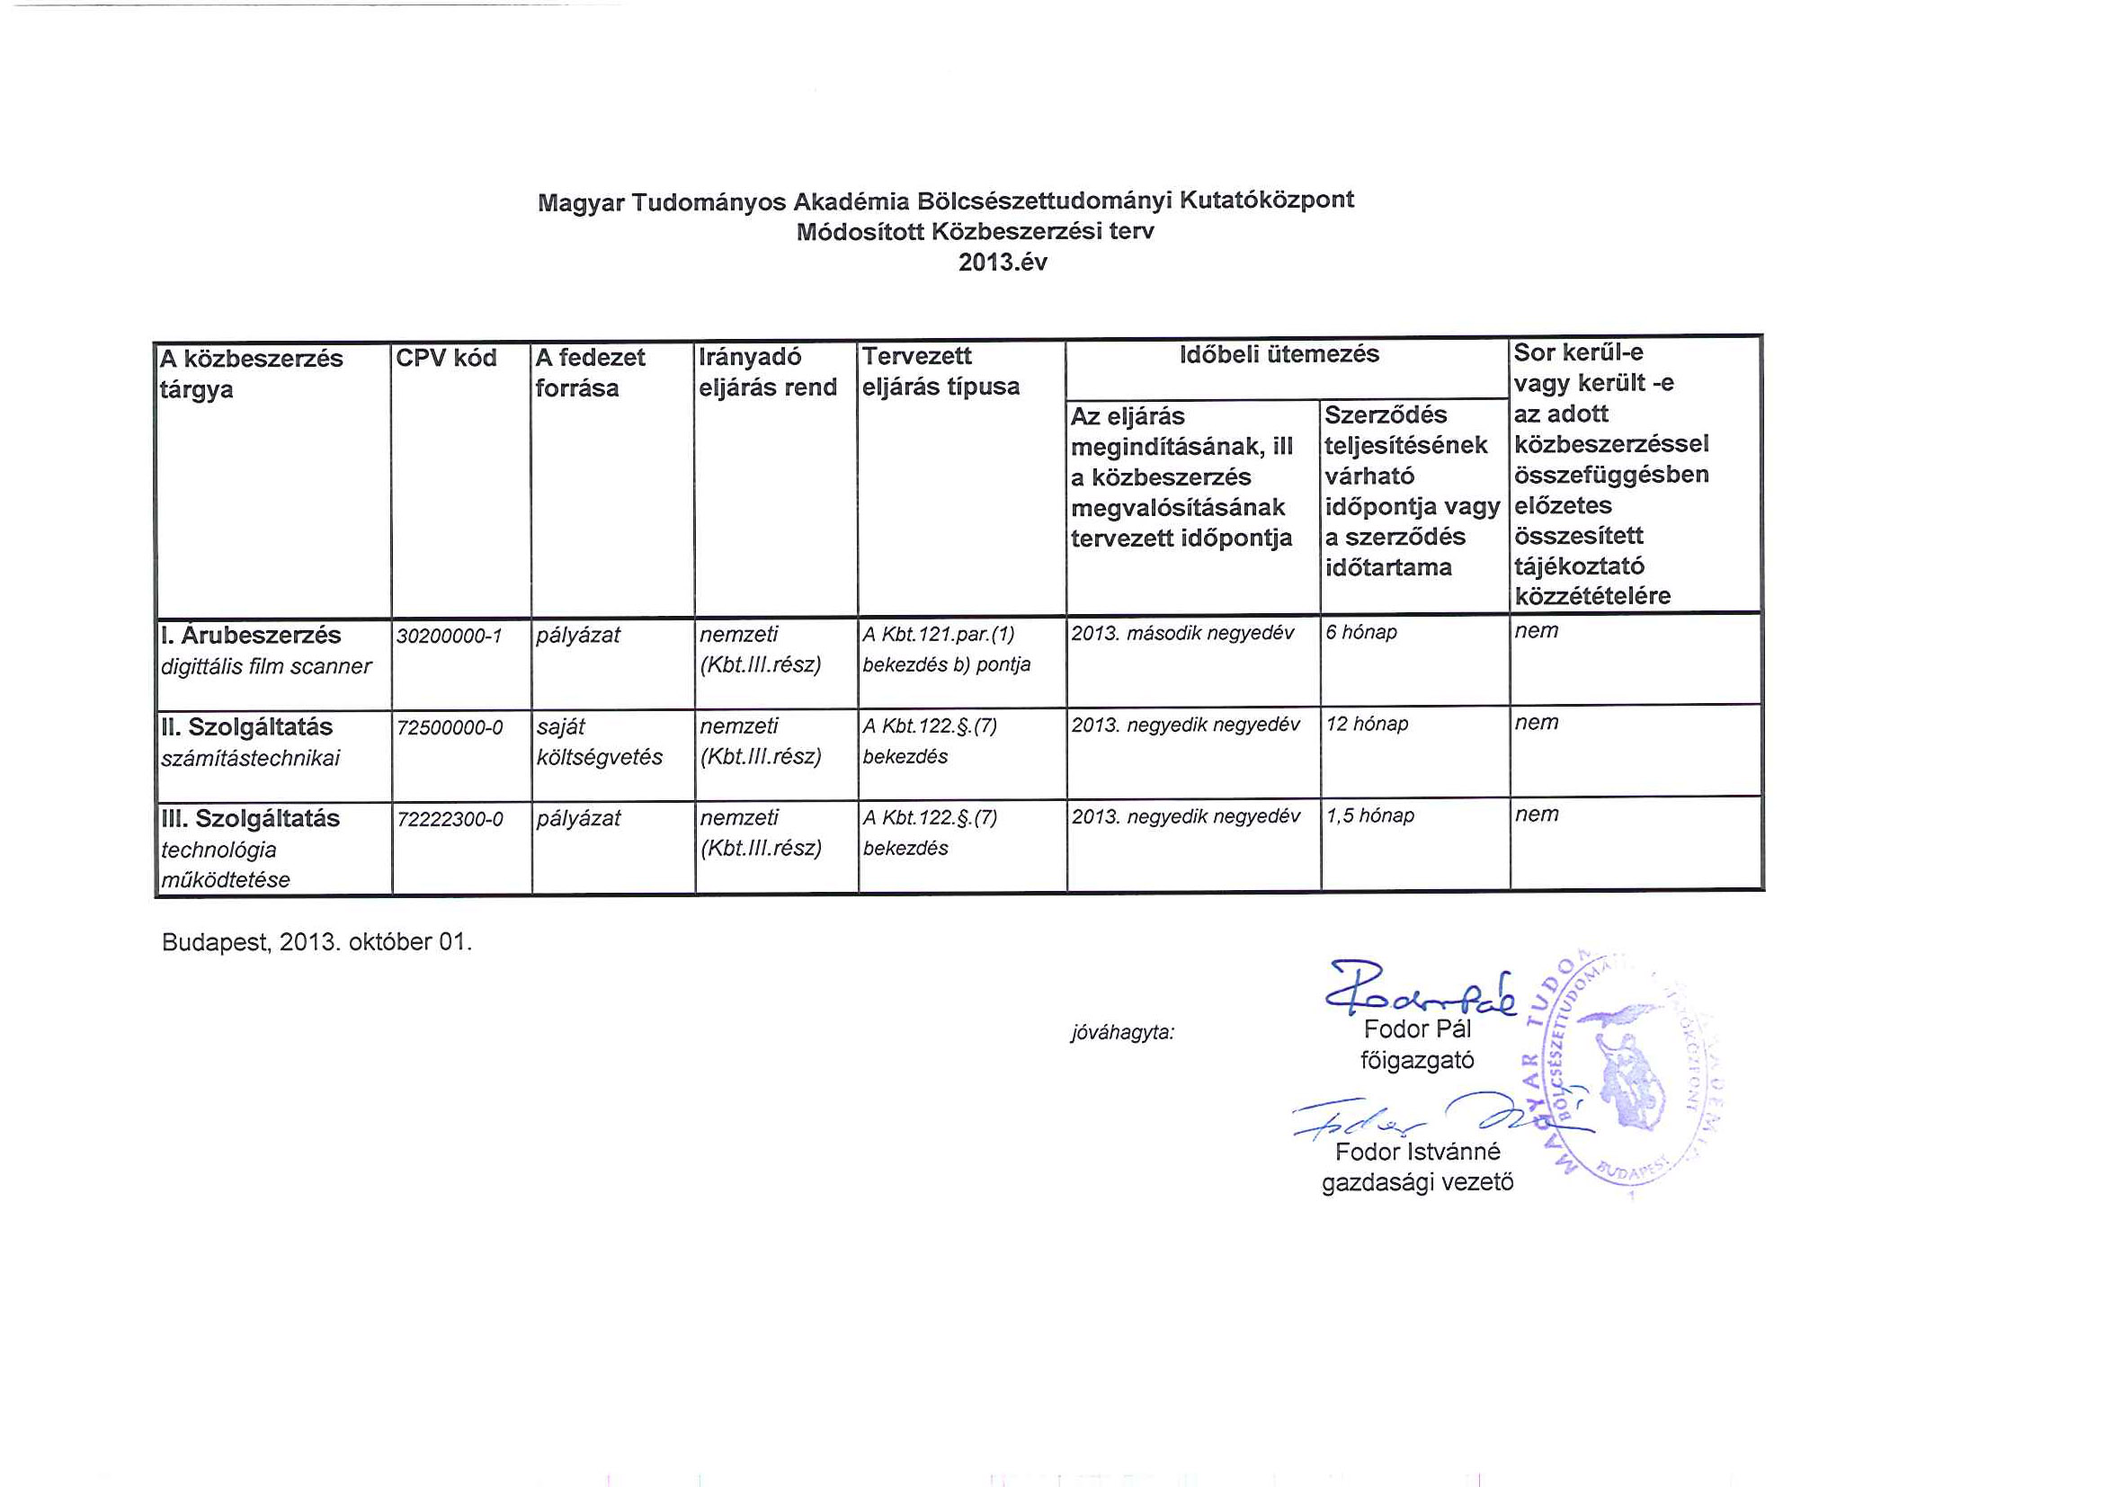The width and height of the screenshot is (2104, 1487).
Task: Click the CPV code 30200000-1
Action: coord(449,636)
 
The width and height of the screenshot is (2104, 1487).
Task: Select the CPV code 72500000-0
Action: coord(449,728)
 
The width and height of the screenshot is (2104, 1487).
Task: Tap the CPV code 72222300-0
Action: coord(449,820)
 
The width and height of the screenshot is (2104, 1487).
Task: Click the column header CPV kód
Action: coord(446,358)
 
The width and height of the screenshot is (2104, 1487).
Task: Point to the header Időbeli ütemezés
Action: coord(1279,354)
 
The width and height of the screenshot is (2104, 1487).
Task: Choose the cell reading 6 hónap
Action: coord(1360,632)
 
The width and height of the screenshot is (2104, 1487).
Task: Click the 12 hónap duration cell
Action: coord(1367,724)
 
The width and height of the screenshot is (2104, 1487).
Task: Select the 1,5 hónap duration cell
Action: coord(1370,815)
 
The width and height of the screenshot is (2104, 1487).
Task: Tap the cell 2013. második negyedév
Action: coord(1182,633)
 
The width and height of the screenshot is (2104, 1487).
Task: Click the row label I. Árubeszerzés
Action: coord(250,635)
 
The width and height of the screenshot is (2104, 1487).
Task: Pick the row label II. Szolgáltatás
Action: coord(246,727)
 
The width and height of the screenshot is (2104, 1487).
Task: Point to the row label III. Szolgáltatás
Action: coord(249,819)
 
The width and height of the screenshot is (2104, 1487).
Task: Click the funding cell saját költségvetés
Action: coord(600,742)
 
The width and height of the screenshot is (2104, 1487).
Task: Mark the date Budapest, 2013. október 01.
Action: coord(316,942)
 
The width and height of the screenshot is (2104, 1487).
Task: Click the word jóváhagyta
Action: coord(1121,1033)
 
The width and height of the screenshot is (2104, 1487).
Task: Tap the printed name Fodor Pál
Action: coord(1417,1028)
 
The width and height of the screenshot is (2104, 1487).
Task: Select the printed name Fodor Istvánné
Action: coord(1417,1152)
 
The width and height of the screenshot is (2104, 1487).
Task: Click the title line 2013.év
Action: coord(1003,263)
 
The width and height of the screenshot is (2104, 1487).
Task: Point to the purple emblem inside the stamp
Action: coord(1627,1072)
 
